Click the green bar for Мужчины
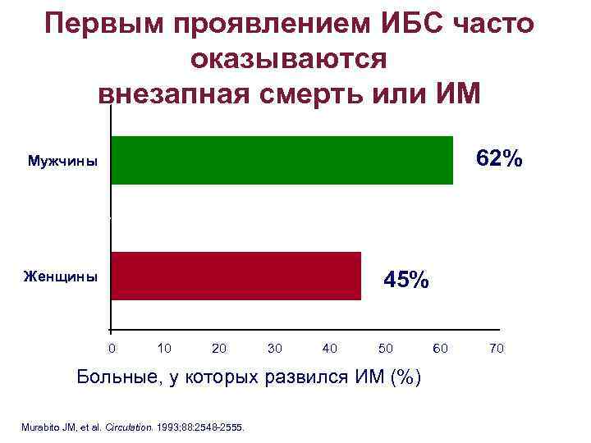[282, 160]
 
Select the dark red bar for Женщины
[236, 276]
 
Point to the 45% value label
[405, 280]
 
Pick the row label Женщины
[60, 276]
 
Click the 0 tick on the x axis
[112, 349]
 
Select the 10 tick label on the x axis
[164, 349]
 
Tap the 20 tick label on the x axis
[219, 349]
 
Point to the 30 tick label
[275, 349]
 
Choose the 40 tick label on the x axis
[330, 349]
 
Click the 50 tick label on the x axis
[385, 349]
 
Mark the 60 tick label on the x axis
[441, 349]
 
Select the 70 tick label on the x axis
[496, 349]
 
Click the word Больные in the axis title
[118, 377]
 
